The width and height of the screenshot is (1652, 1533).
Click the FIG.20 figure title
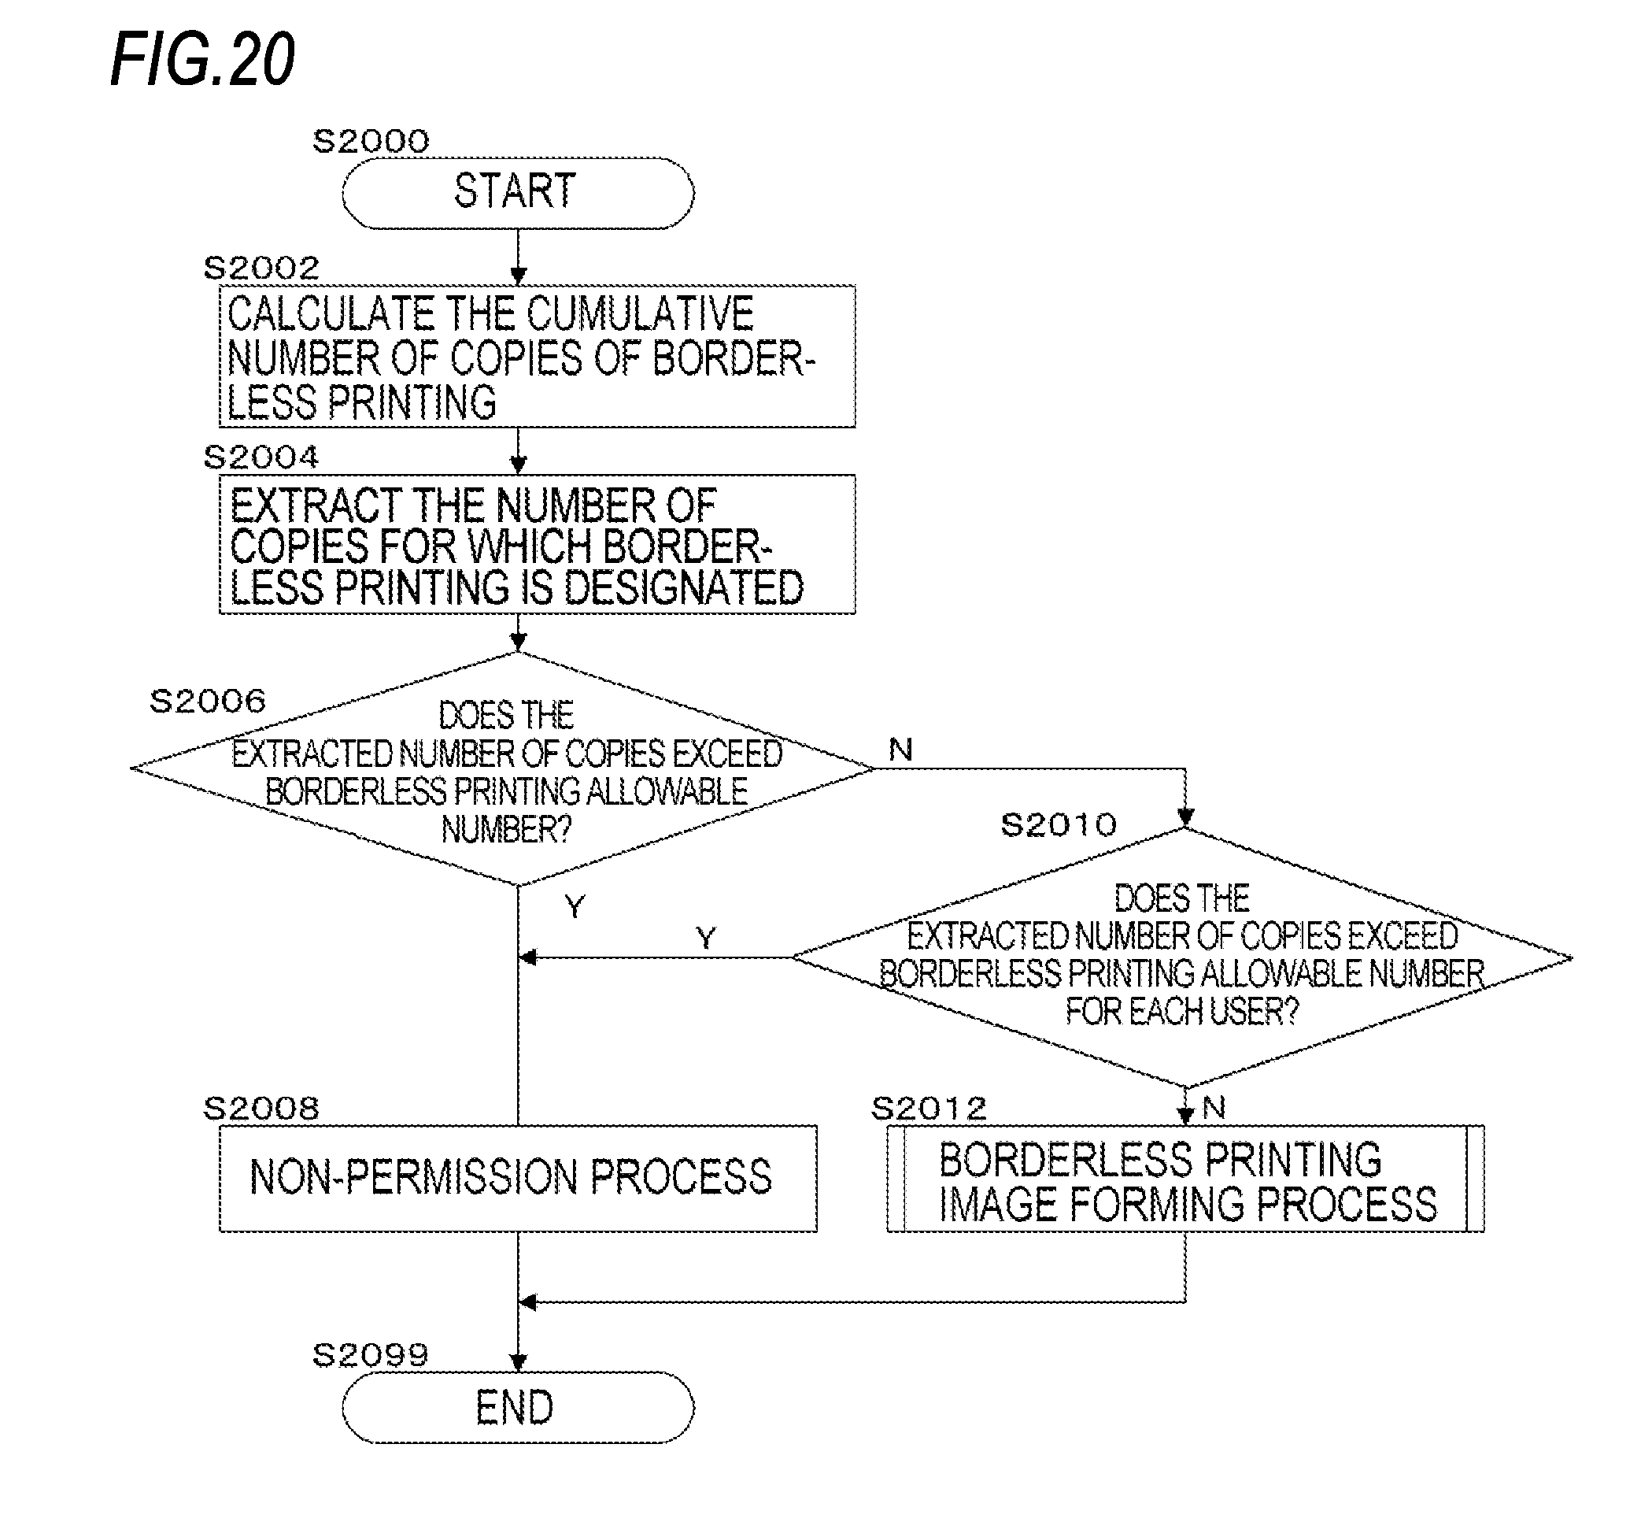pos(202,60)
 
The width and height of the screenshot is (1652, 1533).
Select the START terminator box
pos(518,192)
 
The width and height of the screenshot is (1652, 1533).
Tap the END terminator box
pos(518,1408)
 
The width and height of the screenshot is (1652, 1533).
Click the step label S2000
pos(371,141)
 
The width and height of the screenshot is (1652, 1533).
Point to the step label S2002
pos(261,268)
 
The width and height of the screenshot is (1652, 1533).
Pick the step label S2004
pos(261,457)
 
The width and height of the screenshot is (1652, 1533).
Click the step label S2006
pos(207,701)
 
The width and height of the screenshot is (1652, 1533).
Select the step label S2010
pos(1059,824)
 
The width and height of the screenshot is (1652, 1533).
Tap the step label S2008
pos(261,1109)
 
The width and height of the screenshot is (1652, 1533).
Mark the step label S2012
pos(929,1109)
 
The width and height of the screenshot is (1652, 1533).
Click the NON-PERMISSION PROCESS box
pos(518,1178)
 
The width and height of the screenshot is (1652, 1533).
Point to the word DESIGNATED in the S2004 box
pos(683,588)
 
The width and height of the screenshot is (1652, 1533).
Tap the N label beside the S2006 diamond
pos(900,750)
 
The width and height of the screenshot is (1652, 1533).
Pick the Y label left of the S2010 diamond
pos(706,939)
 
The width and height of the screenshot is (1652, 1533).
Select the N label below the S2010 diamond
pos(1214,1108)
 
